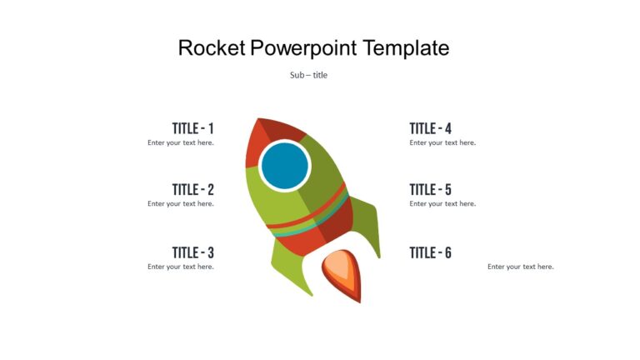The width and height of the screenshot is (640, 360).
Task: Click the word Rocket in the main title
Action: pyautogui.click(x=212, y=48)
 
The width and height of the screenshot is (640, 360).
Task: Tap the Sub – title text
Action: pyautogui.click(x=308, y=75)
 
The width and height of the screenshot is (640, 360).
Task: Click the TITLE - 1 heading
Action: pyautogui.click(x=192, y=128)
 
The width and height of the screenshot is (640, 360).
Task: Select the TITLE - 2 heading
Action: pyautogui.click(x=192, y=190)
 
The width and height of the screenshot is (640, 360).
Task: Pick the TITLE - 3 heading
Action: pyautogui.click(x=192, y=252)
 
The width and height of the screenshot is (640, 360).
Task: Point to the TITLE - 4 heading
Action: pyautogui.click(x=430, y=128)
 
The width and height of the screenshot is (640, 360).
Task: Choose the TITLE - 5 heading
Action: pyautogui.click(x=430, y=190)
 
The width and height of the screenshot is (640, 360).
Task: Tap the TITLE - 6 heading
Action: pyautogui.click(x=430, y=252)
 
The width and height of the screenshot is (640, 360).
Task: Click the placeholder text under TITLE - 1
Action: pyautogui.click(x=181, y=142)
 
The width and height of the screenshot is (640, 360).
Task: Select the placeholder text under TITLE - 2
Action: pyautogui.click(x=181, y=203)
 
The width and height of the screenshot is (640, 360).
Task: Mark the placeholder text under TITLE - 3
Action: pyautogui.click(x=181, y=267)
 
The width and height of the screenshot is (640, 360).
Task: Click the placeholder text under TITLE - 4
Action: pyautogui.click(x=442, y=142)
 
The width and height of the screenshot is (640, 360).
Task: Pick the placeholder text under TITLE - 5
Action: pyautogui.click(x=442, y=203)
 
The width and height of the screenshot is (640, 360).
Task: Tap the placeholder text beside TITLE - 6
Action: pyautogui.click(x=521, y=267)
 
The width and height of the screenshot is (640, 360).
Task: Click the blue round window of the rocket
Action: pyautogui.click(x=285, y=166)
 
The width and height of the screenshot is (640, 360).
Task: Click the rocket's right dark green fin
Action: pyautogui.click(x=367, y=223)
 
